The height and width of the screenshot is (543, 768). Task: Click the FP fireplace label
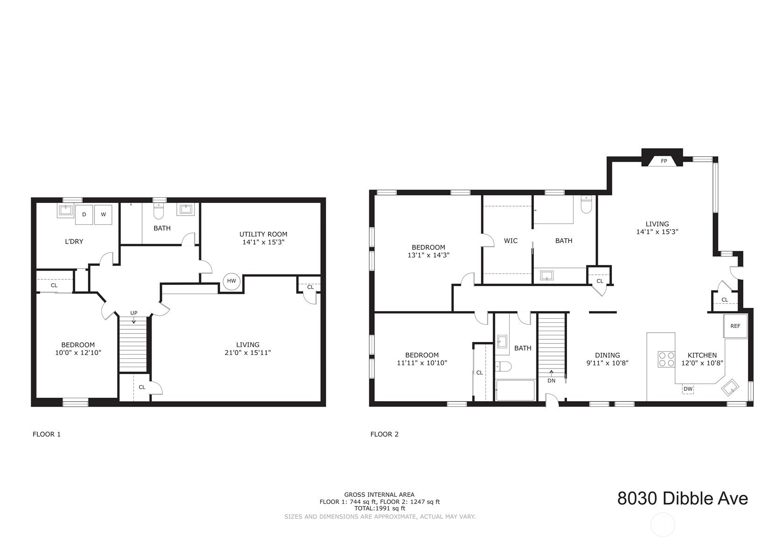(x=664, y=161)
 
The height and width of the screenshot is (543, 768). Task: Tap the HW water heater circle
(x=231, y=281)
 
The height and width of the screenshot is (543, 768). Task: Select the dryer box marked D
(x=84, y=215)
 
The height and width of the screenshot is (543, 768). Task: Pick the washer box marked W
(x=103, y=215)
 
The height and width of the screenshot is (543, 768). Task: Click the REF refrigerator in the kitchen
(x=735, y=326)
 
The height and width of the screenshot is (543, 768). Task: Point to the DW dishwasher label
(x=688, y=389)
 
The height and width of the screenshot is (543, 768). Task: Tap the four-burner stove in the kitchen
(x=666, y=359)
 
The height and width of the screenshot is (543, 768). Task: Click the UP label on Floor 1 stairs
(x=134, y=313)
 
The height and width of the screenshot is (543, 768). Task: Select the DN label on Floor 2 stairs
(x=551, y=380)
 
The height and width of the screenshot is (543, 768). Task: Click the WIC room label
(x=511, y=241)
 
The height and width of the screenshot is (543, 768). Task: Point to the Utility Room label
(x=263, y=234)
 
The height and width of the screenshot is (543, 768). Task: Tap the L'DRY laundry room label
(x=74, y=242)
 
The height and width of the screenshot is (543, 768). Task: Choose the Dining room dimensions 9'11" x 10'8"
(x=607, y=363)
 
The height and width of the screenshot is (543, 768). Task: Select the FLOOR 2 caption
(x=384, y=434)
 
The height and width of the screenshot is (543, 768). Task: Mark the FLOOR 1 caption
(x=47, y=434)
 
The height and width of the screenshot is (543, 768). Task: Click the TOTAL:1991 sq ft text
(x=380, y=508)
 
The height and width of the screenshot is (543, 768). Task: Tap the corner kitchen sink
(x=730, y=387)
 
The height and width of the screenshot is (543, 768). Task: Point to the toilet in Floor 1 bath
(x=159, y=210)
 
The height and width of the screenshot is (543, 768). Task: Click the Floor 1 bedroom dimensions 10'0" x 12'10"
(x=78, y=353)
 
